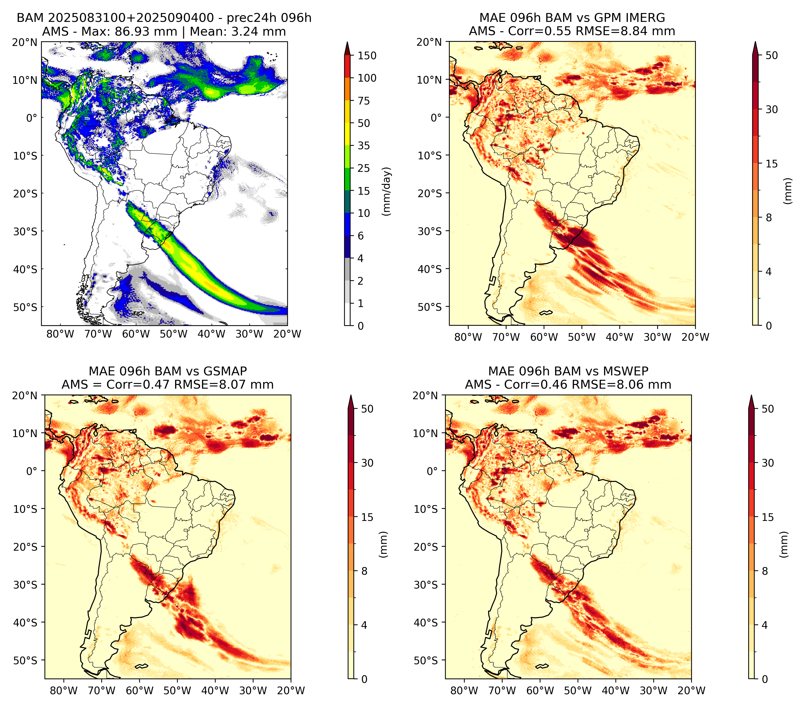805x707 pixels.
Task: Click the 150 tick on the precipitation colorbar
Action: (x=367, y=56)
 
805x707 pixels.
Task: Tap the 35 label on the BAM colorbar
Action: (x=363, y=146)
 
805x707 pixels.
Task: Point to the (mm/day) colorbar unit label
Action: (x=387, y=191)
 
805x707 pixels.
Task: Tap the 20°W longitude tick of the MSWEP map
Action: (x=692, y=691)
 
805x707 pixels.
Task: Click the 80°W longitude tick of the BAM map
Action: (x=60, y=334)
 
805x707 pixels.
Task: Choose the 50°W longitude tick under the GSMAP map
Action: (x=177, y=691)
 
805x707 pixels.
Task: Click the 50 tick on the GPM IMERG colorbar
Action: (x=772, y=56)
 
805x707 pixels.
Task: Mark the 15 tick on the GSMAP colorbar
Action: (x=367, y=517)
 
